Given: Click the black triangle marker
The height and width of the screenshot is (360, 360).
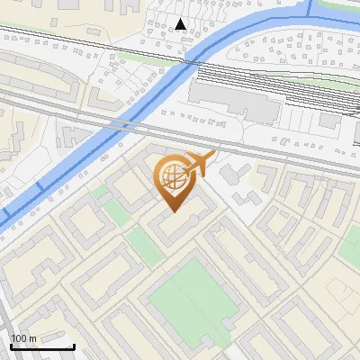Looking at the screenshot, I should (x=181, y=24).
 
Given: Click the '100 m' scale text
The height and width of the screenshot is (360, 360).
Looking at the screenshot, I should (x=23, y=337).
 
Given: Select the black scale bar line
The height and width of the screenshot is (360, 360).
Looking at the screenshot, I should (x=42, y=346).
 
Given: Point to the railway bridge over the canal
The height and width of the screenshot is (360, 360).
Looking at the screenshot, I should (x=187, y=58).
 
